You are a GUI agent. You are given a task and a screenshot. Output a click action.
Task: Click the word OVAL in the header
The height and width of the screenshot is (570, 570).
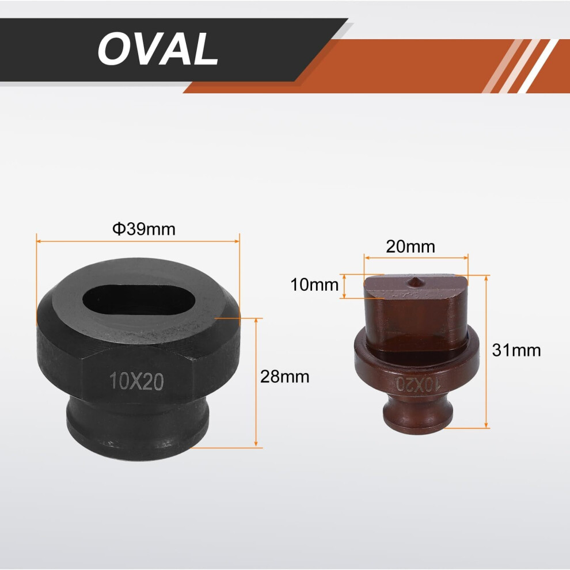coord(158,49)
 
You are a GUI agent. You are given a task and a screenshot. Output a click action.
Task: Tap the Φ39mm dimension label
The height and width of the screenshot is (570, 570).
coord(144,229)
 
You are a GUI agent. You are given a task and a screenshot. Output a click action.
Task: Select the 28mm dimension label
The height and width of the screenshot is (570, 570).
coord(284,377)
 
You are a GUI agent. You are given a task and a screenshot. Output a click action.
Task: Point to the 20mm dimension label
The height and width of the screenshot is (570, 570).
coord(411,247)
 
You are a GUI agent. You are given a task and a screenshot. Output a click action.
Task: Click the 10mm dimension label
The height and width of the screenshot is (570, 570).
coord(314,284)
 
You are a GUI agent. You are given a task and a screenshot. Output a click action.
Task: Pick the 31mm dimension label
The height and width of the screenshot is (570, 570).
coord(516,351)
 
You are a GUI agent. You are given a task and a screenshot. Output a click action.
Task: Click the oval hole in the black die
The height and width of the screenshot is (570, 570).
coord(139,301)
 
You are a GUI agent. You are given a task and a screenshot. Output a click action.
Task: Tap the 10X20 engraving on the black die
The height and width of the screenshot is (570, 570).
coord(136,381)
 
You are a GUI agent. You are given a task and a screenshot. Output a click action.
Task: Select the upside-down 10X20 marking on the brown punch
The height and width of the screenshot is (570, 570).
coord(418,383)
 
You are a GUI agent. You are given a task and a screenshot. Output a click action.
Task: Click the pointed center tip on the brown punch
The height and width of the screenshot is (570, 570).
coord(414,281)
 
